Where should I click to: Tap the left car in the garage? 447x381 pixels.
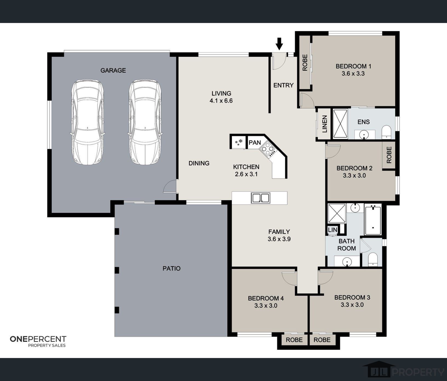(87, 122)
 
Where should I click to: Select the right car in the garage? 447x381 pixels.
(145, 122)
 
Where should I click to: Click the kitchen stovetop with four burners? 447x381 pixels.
(267, 149)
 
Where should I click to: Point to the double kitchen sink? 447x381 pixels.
(260, 198)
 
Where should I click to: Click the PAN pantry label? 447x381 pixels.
(255, 143)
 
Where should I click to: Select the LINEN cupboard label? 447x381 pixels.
(325, 124)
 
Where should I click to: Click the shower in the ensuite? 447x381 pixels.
(340, 124)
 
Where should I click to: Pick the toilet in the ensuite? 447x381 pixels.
(386, 132)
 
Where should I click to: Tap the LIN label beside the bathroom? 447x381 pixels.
(333, 230)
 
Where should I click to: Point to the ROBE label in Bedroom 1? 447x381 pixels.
(305, 62)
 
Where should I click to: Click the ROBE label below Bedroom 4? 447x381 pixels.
(294, 340)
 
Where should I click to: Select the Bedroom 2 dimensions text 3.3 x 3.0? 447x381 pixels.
(354, 176)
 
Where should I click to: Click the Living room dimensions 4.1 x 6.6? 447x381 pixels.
(221, 101)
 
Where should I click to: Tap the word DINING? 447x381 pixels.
(199, 163)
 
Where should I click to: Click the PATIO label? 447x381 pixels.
(171, 269)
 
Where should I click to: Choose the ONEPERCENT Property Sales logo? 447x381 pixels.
(38, 342)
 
